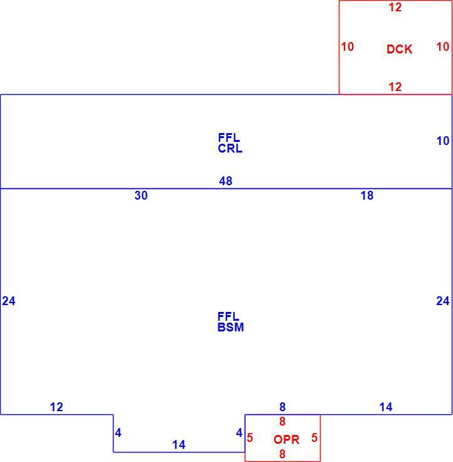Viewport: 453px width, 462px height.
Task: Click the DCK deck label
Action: click(x=399, y=49)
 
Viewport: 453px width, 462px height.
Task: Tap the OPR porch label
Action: click(x=286, y=439)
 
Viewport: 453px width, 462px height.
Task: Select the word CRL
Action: click(x=230, y=149)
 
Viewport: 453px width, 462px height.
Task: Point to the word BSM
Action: click(x=231, y=327)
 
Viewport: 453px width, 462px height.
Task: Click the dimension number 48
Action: click(x=226, y=181)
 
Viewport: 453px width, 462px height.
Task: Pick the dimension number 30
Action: click(x=141, y=195)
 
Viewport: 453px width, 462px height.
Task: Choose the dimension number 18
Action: click(x=367, y=195)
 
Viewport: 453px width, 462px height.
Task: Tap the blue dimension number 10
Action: click(x=443, y=141)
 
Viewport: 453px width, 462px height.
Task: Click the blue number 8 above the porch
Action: click(x=282, y=407)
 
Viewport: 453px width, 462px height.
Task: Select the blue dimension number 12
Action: click(x=56, y=407)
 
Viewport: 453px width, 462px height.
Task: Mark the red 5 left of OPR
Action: click(x=250, y=438)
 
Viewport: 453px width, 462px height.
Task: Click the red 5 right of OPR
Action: click(x=314, y=438)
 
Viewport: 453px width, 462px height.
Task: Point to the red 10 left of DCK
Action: click(x=348, y=46)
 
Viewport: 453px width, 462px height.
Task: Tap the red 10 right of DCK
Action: click(x=443, y=46)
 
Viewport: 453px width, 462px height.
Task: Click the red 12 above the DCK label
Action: click(x=395, y=7)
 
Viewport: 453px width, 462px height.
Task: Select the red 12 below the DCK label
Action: click(x=395, y=87)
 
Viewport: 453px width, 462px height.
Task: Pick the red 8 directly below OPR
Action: click(x=282, y=454)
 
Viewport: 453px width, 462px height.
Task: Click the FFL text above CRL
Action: click(x=229, y=137)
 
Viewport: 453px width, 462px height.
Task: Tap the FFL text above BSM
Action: click(x=228, y=316)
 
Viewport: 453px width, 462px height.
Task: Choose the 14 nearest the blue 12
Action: click(x=179, y=444)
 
